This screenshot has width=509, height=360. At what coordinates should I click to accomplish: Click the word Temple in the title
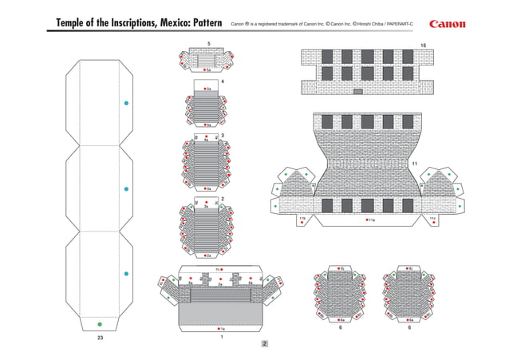77,24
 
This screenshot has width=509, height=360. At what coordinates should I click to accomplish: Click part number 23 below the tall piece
100,338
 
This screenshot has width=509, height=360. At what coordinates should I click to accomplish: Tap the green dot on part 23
99,323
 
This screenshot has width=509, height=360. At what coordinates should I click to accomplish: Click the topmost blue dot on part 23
125,104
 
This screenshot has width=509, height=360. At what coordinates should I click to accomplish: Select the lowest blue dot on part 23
125,275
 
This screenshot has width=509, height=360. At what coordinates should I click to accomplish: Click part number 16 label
423,45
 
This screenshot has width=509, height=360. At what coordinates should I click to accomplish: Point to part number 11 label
415,164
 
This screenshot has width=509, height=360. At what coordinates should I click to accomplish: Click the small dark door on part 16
357,91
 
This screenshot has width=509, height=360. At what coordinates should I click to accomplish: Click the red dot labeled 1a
218,328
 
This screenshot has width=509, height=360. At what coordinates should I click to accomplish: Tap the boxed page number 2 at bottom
264,345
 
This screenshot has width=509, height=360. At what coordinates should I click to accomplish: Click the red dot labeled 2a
204,255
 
